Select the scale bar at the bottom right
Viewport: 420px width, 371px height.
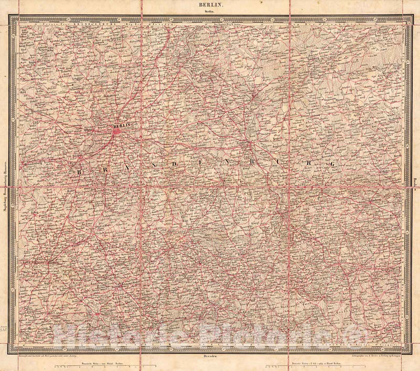330,365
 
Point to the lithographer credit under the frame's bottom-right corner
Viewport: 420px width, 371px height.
377,357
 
